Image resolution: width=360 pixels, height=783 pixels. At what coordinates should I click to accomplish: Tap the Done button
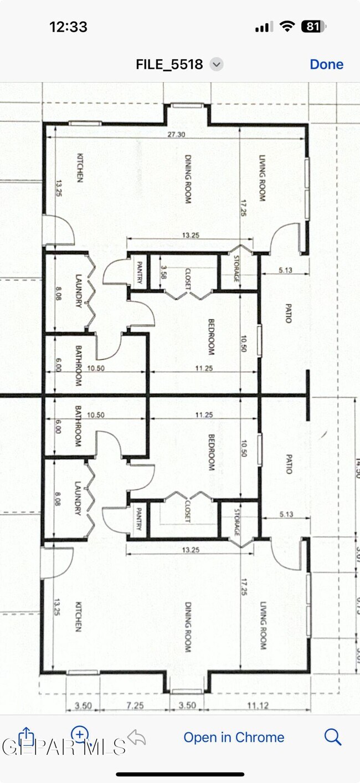[x=326, y=64]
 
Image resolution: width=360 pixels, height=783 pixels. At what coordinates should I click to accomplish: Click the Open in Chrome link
[x=234, y=738]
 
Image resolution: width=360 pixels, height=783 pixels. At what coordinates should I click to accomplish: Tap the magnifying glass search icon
[x=332, y=737]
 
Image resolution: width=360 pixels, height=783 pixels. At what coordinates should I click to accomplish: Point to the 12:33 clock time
[x=68, y=27]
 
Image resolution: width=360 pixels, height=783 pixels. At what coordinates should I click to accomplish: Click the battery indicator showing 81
[x=313, y=26]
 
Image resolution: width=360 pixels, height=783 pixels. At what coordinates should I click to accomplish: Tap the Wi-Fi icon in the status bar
[x=287, y=26]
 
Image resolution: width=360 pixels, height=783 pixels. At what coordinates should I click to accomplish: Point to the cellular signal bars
[x=264, y=27]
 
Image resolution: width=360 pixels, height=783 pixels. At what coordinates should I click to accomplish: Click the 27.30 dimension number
[x=177, y=134]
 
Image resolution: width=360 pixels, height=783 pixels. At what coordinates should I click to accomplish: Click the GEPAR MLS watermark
[x=64, y=747]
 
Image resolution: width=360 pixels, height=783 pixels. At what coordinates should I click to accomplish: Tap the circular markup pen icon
[x=80, y=735]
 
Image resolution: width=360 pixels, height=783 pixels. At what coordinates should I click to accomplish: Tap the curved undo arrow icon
[x=136, y=737]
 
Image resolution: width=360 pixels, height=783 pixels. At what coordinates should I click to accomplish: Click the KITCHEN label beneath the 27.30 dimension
[x=80, y=168]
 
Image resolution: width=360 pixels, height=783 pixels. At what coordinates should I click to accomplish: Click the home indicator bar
[x=180, y=774]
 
